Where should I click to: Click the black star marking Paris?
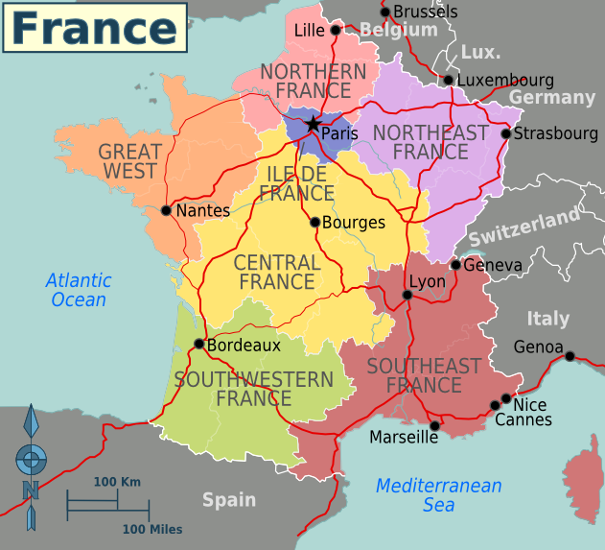pos(312,124)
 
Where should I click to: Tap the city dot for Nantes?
pos(166,210)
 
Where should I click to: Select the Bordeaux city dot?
pos(198,344)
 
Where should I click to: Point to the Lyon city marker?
pos(407,295)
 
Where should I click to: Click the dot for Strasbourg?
pos(506,133)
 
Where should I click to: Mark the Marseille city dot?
pos(434,425)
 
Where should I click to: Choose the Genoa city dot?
pos(570,356)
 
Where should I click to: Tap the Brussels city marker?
pos(384,12)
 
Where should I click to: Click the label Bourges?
pos(354,223)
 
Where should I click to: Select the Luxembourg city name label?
pos(505,80)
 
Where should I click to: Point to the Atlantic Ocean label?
pos(79,290)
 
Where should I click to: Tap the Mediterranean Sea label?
pos(438,494)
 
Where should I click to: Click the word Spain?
pos(228,499)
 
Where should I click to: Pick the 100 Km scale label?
pos(117,481)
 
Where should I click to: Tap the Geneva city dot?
pos(455,265)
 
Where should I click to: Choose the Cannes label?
pos(524,419)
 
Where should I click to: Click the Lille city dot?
pos(335,31)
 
